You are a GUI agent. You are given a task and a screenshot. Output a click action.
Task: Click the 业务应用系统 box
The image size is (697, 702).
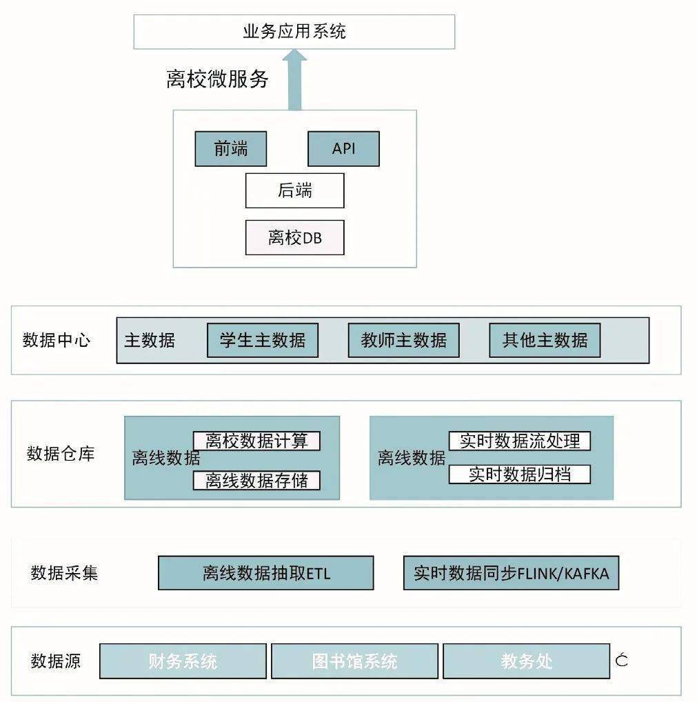(x=294, y=32)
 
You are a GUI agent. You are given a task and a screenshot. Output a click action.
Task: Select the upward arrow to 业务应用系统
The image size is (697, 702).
(x=294, y=80)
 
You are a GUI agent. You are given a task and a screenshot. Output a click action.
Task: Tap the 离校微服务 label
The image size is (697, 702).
(x=217, y=79)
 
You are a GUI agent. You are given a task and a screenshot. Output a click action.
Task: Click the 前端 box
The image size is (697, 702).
(x=230, y=149)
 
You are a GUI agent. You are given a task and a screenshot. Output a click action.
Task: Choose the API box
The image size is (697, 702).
(x=343, y=149)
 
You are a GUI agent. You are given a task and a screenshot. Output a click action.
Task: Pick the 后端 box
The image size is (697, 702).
(x=294, y=191)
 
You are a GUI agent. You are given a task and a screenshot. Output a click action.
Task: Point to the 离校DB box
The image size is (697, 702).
(x=294, y=238)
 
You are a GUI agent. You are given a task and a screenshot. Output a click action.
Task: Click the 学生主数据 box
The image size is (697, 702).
(x=263, y=340)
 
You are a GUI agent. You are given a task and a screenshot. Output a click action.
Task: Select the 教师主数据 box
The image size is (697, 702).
(x=404, y=340)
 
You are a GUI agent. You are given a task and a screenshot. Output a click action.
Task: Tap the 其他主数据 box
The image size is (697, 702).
(x=545, y=340)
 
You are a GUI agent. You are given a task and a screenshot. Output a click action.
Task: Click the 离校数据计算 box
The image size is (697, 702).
(x=256, y=441)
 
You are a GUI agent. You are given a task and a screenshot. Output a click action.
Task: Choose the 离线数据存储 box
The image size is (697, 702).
(x=256, y=481)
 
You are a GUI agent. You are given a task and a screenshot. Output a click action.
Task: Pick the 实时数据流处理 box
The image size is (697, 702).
(x=520, y=441)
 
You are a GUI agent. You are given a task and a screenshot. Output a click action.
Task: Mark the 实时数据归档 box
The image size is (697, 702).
(x=520, y=474)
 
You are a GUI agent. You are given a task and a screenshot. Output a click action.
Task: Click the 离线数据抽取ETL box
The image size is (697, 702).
(x=266, y=573)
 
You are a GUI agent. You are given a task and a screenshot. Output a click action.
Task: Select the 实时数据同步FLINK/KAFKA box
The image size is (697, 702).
(x=512, y=573)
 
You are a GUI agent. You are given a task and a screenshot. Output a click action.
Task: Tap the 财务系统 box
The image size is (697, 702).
(x=183, y=661)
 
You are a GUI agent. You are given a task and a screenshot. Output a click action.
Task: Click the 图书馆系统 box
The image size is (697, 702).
(x=354, y=661)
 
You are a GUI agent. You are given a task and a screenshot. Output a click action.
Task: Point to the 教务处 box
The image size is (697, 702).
(x=527, y=661)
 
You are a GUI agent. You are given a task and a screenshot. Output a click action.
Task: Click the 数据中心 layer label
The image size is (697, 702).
(x=57, y=340)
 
